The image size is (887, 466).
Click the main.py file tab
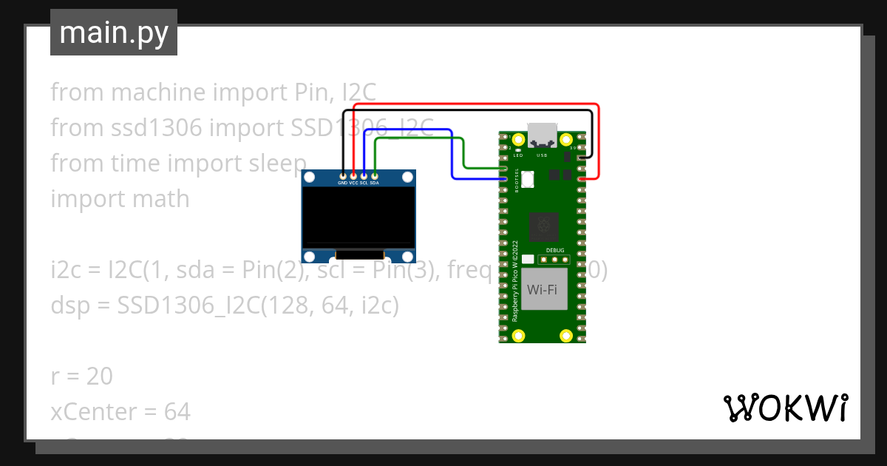114,33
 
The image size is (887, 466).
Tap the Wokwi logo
784,408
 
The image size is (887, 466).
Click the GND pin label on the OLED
342,183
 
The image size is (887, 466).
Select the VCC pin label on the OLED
353,183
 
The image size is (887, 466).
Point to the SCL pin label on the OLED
364,183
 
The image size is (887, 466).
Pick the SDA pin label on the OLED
375,183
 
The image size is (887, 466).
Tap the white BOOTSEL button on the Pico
528,179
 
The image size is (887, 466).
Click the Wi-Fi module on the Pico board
543,289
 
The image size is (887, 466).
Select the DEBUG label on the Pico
555,250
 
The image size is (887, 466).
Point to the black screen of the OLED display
358,216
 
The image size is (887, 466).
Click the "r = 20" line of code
82,376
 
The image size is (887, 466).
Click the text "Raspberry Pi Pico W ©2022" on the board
514,280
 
